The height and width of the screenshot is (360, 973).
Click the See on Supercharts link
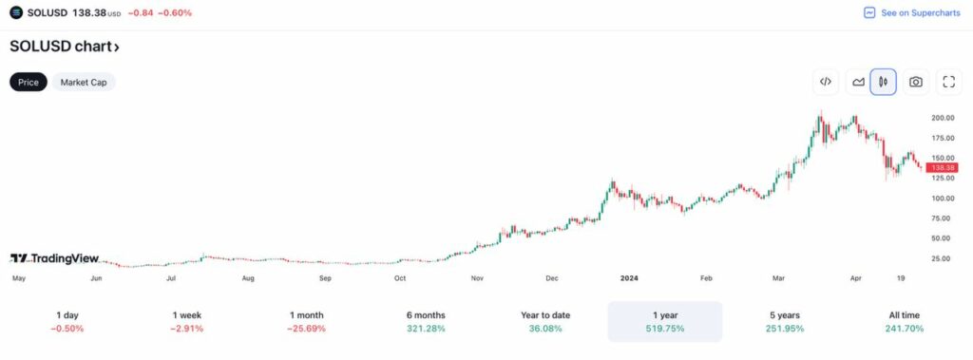[911, 13]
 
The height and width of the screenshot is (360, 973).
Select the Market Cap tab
[83, 83]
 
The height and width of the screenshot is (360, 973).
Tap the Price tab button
[29, 83]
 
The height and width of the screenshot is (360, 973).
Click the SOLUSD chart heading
[65, 47]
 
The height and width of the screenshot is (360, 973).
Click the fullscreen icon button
[948, 82]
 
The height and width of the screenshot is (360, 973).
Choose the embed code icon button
[826, 82]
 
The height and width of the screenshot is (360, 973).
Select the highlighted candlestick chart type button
[884, 82]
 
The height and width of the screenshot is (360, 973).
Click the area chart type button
[858, 82]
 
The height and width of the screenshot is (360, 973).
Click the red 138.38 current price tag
[942, 167]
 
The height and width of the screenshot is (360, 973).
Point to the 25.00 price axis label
[942, 258]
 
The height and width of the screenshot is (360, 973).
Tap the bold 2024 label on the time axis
[628, 278]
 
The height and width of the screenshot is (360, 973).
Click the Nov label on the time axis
[477, 278]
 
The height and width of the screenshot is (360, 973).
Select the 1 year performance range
[665, 321]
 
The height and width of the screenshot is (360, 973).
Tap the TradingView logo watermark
[55, 257]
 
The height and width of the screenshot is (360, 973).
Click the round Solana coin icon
[16, 12]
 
